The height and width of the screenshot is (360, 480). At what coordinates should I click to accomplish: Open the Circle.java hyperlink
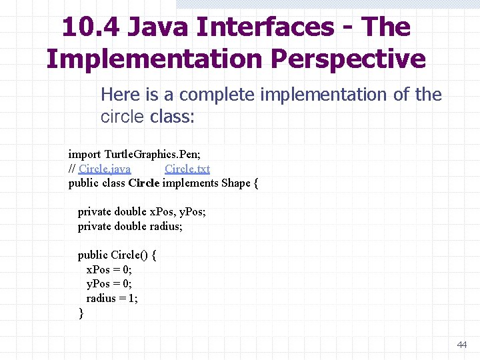pyautogui.click(x=105, y=169)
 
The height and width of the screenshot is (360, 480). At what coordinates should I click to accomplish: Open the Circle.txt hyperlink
pyautogui.click(x=187, y=169)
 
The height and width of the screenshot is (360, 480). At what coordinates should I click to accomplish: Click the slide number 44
pyautogui.click(x=462, y=345)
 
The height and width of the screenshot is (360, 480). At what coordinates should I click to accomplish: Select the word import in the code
pyautogui.click(x=85, y=155)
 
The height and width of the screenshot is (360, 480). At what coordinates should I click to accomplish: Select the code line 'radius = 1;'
pyautogui.click(x=112, y=298)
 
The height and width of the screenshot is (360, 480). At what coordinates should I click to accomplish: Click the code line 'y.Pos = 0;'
pyautogui.click(x=109, y=283)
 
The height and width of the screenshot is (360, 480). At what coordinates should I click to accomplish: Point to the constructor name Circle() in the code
pyautogui.click(x=125, y=255)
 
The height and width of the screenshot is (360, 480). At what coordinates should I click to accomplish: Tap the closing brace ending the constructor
pyautogui.click(x=81, y=313)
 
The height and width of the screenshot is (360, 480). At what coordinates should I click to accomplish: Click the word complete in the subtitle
pyautogui.click(x=217, y=95)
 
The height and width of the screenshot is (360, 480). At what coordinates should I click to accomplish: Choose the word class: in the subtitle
pyautogui.click(x=173, y=117)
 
